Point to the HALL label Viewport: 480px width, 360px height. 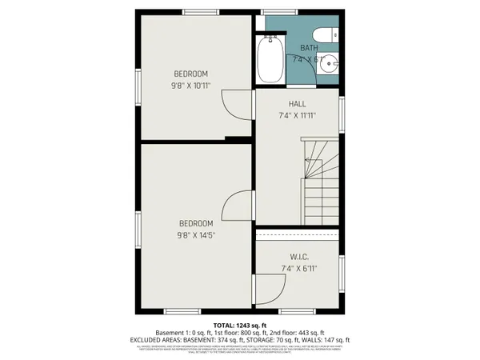(298, 104)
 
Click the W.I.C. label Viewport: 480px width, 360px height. (299, 257)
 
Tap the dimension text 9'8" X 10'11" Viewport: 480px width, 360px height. (190, 86)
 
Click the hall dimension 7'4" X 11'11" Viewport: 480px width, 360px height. (298, 115)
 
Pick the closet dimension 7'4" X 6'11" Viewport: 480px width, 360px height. (299, 268)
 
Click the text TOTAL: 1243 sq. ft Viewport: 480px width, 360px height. (239, 324)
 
